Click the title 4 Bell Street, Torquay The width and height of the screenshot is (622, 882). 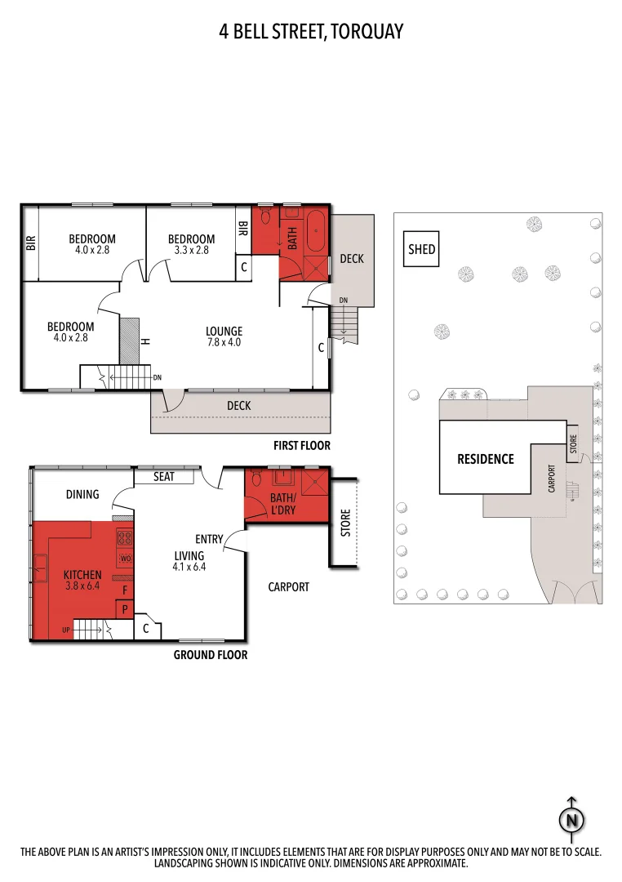[311, 32]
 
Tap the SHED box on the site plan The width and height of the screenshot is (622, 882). [421, 250]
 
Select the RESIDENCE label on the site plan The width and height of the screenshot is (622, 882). [485, 459]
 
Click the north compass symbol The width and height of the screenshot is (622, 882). [571, 819]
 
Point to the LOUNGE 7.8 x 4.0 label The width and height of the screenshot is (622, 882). [224, 336]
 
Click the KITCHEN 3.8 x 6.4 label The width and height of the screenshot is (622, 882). [82, 580]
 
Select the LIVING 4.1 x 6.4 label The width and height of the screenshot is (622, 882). [189, 561]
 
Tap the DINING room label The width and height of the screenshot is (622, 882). [82, 494]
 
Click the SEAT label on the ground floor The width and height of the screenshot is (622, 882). [164, 476]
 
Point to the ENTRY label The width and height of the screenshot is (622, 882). [209, 539]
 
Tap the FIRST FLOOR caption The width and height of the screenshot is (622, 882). [301, 446]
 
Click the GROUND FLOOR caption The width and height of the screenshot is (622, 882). [210, 655]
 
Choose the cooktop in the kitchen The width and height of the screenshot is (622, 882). [125, 538]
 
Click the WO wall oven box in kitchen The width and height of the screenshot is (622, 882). [125, 559]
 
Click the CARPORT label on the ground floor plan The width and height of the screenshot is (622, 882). [289, 586]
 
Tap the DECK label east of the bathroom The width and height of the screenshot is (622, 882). [352, 259]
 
